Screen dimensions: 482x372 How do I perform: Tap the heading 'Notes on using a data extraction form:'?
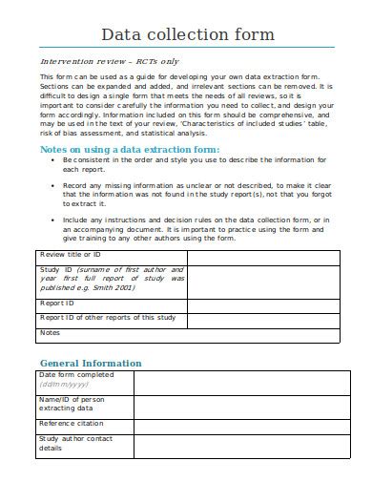click(x=129, y=150)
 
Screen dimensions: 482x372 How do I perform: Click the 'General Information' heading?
click(x=91, y=363)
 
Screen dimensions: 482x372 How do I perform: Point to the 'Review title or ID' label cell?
click(x=72, y=256)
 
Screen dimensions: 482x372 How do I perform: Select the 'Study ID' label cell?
click(x=110, y=283)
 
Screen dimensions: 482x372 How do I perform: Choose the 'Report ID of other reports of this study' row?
click(x=107, y=318)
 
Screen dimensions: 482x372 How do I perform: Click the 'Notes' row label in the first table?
click(x=50, y=333)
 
